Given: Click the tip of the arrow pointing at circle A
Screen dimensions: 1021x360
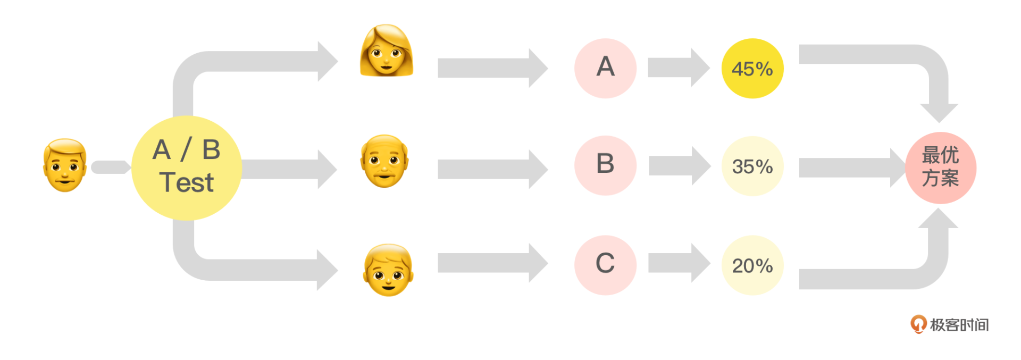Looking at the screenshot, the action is pos(548,68).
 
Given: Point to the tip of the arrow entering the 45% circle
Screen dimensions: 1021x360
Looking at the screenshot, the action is pos(710,68).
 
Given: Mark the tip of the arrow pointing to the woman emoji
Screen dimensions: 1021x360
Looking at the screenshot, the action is pos(338,61).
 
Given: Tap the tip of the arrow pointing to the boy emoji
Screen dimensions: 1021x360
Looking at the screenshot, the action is pos(338,270).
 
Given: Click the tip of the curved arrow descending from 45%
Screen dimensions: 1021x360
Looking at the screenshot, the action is pos(939,123).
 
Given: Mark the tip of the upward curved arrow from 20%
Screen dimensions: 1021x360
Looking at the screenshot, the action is pos(939,208).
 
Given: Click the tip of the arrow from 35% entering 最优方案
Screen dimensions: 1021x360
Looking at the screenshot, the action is pos(906,168).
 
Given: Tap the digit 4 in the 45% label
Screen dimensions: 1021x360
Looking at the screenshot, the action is pos(738,69).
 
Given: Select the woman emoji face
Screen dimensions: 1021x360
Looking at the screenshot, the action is pos(387,51).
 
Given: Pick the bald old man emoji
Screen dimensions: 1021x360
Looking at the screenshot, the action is pos(384,161).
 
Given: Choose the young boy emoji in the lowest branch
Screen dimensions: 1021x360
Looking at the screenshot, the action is pos(388,270).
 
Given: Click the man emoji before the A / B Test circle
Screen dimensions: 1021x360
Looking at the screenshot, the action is pos(65,165).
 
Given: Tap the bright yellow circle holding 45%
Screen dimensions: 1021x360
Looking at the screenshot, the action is pos(752,68).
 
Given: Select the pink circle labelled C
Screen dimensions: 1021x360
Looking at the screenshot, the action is pos(605,265).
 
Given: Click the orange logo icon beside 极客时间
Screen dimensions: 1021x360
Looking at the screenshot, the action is pos(918,324).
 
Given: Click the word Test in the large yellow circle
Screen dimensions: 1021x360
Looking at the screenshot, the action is pos(187,182).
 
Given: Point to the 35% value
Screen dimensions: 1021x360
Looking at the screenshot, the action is pos(752,167).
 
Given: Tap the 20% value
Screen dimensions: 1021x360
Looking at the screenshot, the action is pos(752,266).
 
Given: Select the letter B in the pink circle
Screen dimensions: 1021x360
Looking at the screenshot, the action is pos(605,163).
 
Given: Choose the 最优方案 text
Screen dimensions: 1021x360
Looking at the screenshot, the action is pos(940,166).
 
